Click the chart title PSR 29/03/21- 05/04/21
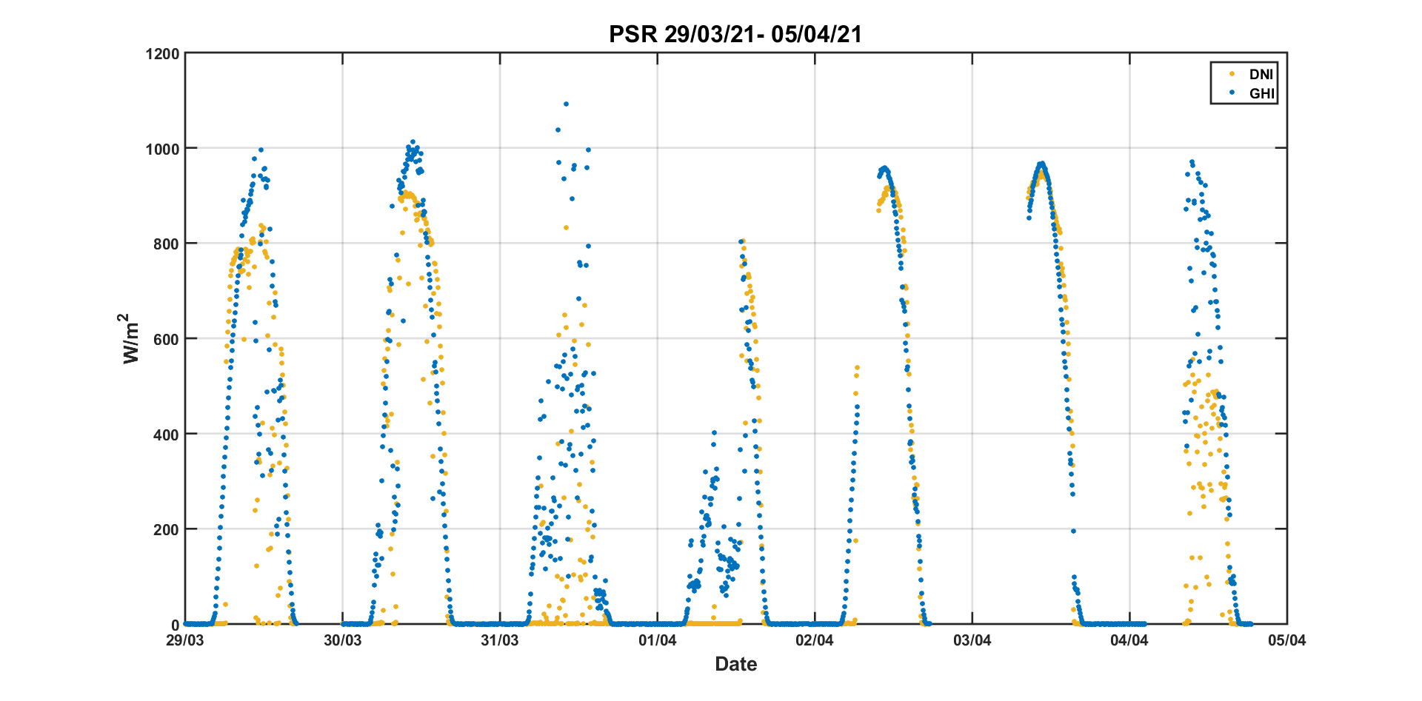[735, 34]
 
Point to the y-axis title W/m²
[131, 339]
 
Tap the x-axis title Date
[735, 664]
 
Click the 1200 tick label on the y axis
[163, 54]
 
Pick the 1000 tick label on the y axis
[163, 149]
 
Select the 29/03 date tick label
[185, 640]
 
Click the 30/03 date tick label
[342, 640]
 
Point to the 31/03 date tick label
[500, 640]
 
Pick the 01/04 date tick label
[657, 640]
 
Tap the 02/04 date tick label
[815, 640]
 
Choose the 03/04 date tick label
[972, 640]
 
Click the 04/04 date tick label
[1129, 640]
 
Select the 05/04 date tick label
[1286, 640]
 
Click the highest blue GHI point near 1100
[566, 104]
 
